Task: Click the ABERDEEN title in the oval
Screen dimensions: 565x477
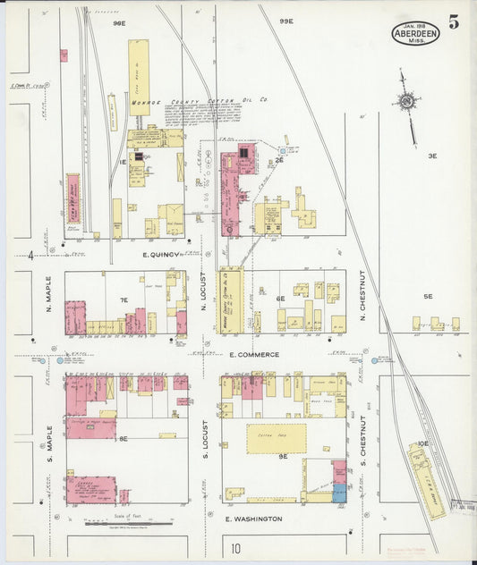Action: (414, 37)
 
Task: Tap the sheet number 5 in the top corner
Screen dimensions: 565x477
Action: (454, 23)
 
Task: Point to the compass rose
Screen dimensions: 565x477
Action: (407, 104)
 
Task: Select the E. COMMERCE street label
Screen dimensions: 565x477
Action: (253, 355)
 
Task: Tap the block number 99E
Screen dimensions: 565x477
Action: (285, 21)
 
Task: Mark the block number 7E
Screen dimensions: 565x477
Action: (124, 300)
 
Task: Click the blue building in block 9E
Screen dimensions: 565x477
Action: (339, 493)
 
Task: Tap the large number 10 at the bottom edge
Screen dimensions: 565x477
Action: (235, 549)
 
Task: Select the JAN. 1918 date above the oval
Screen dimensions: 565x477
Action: (414, 26)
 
